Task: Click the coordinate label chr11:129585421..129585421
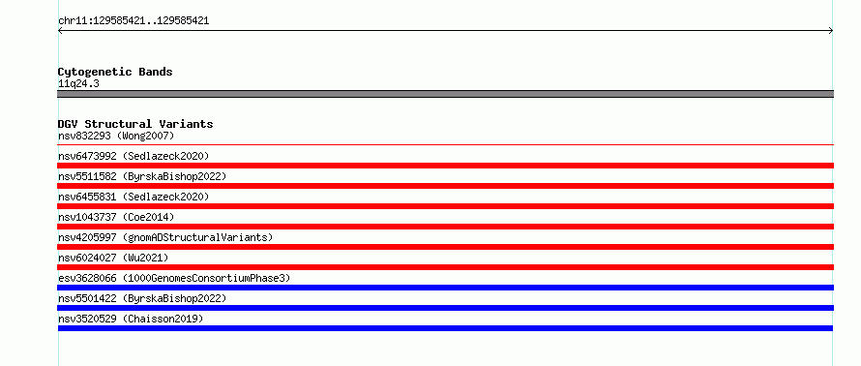point(134,21)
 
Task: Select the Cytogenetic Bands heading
point(115,72)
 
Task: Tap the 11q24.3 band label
point(78,84)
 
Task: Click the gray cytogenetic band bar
point(445,94)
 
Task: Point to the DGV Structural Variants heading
point(135,124)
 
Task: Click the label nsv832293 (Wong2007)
point(116,136)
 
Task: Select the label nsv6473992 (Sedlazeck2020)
point(134,156)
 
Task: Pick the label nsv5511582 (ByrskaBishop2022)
point(142,176)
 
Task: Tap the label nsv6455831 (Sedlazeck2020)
point(134,197)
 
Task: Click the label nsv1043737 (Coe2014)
point(116,217)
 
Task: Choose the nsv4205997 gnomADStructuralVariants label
point(165,237)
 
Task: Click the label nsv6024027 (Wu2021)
point(113,258)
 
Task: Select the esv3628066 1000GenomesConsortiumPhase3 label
point(174,278)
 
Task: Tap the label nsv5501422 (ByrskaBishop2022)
point(142,298)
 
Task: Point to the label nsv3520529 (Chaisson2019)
point(131,319)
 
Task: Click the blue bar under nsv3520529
point(445,328)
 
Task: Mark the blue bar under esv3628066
point(445,288)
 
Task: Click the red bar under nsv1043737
point(445,227)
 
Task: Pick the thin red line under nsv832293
point(445,144)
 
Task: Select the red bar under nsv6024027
point(445,267)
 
